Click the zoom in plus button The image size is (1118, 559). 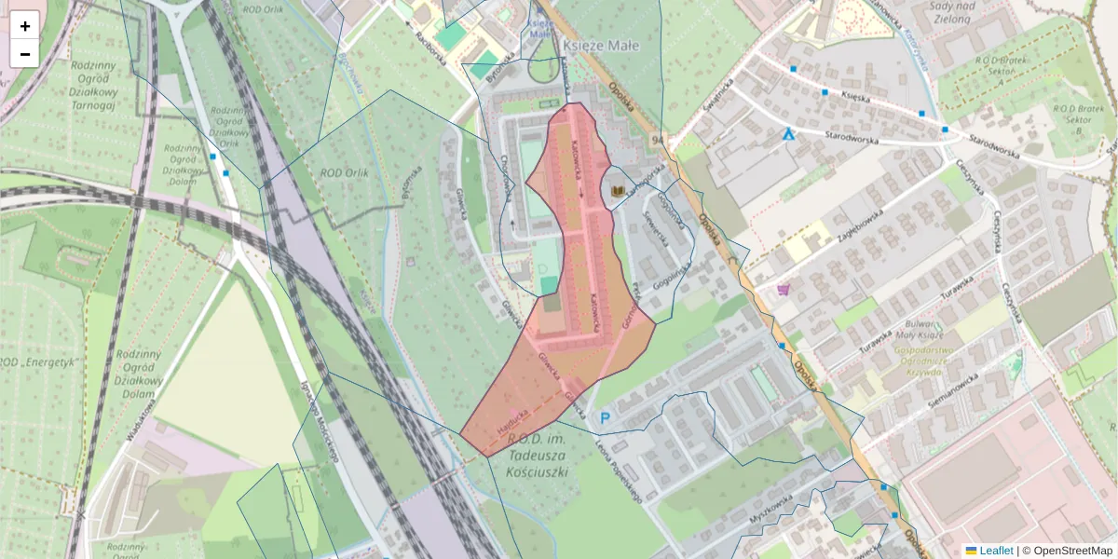(x=25, y=26)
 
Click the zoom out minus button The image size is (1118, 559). (x=25, y=54)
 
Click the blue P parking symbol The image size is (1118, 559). (x=605, y=419)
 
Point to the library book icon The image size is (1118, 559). (x=617, y=191)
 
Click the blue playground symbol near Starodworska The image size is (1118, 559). (x=789, y=134)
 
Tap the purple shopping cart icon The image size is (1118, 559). (x=784, y=289)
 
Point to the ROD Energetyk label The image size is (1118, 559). (x=37, y=361)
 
